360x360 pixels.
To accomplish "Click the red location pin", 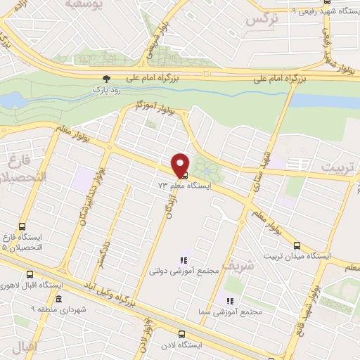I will pos(181,164).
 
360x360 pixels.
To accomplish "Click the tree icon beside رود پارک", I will pos(106,80).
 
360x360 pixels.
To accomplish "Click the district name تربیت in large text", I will pos(339,167).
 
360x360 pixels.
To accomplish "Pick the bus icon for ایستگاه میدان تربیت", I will pos(297,246).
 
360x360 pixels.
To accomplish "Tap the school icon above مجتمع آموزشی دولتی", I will pos(184,259).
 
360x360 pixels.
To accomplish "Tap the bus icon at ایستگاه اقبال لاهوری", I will pos(29,275).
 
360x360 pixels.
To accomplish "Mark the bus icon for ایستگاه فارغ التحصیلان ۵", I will pos(22,227).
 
